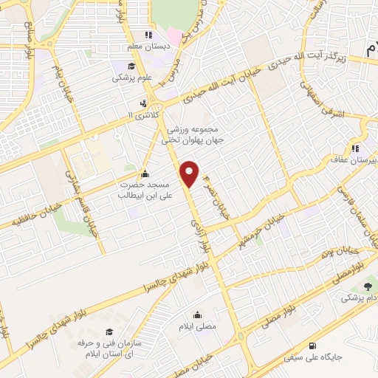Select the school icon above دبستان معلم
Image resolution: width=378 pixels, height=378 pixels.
click(148, 34)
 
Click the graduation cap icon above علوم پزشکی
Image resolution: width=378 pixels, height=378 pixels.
click(120, 65)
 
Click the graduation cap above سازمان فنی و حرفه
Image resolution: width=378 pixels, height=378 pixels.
click(109, 333)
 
